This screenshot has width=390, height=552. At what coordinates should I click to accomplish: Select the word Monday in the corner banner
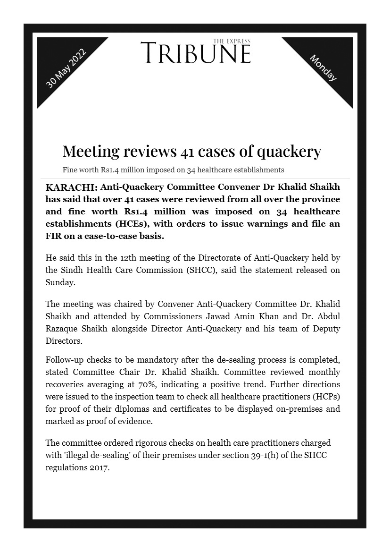323,68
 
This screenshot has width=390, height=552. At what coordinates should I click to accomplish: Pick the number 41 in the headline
185,151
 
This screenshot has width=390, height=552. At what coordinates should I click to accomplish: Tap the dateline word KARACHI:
71,187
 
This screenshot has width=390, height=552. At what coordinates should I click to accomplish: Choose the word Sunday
60,282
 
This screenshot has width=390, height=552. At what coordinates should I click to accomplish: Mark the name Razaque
61,328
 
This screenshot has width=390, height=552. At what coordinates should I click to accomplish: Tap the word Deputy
326,328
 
